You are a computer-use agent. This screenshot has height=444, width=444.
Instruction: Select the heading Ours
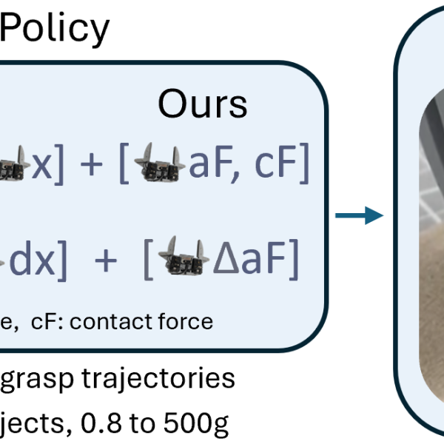pos(202,106)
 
